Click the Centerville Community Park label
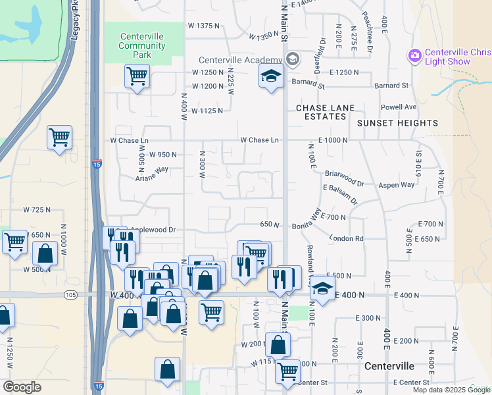142,45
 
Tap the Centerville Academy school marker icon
271,76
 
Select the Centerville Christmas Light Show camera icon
414,55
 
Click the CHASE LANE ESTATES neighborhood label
325,112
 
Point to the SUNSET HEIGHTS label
397,123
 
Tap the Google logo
22,387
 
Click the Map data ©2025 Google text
451,390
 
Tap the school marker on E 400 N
322,289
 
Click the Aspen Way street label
397,186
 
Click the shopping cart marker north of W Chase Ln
59,138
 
